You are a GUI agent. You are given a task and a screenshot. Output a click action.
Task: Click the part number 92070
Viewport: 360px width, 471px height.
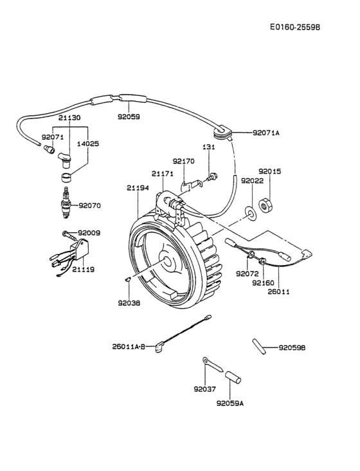[x=90, y=206]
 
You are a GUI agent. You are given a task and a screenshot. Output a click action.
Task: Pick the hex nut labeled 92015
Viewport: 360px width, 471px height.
[x=264, y=205]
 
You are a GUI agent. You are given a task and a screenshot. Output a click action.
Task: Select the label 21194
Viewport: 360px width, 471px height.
[x=138, y=187]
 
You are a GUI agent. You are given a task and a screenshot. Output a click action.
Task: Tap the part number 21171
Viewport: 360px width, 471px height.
[x=163, y=174]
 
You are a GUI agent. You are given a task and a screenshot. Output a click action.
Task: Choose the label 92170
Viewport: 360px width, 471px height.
[x=184, y=161]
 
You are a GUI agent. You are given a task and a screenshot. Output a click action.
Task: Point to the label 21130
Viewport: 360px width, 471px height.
[x=69, y=118]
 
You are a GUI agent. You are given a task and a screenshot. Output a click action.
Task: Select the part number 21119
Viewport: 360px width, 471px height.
[x=83, y=269]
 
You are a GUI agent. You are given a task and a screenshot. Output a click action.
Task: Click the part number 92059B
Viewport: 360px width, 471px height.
[x=292, y=347]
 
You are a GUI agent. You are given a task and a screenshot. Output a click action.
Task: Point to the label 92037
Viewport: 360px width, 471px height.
[x=204, y=389]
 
